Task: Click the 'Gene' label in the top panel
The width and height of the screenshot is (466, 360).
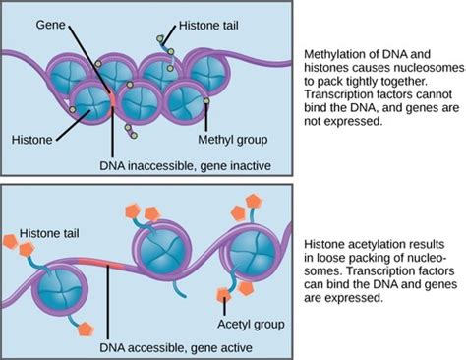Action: point(50,21)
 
